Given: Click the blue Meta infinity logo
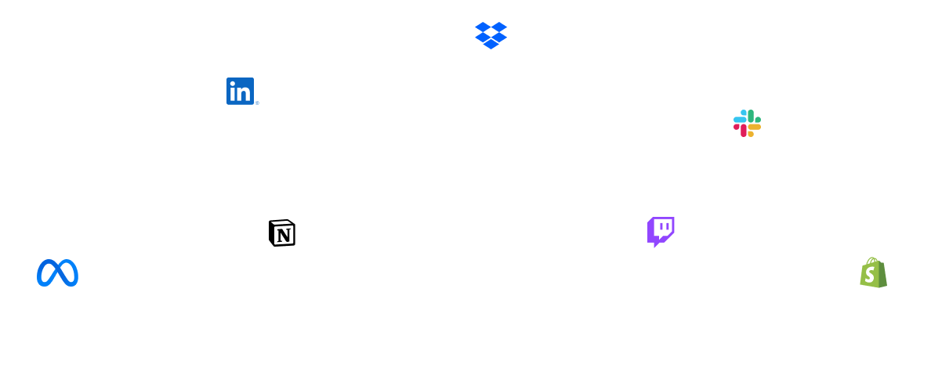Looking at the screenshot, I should (x=57, y=272).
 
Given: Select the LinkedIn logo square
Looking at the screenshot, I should (x=240, y=92).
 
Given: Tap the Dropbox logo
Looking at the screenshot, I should (x=491, y=34).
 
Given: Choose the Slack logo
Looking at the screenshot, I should (x=747, y=123).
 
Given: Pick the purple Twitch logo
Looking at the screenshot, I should (x=661, y=231).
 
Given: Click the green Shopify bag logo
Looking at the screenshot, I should (x=873, y=272).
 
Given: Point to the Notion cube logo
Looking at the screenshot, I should (x=282, y=233).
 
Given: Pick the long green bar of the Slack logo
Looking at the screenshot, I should (x=750, y=115).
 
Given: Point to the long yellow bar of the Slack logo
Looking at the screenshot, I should (x=755, y=127).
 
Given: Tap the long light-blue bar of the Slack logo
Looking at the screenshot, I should (x=739, y=120).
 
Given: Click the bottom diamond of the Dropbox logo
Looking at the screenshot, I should (x=491, y=44).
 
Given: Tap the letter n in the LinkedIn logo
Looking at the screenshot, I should (x=245, y=94).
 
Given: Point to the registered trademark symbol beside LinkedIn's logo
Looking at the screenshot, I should (x=256, y=103).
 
